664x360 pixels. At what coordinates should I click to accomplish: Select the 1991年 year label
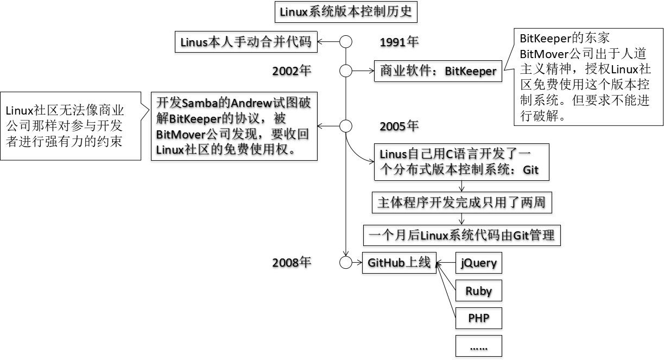coord(399,42)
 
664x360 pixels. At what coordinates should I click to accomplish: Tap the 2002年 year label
coord(292,71)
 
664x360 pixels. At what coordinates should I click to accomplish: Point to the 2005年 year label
coord(399,126)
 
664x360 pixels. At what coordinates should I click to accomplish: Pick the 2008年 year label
coord(292,263)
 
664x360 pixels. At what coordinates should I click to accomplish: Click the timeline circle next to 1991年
coord(346,42)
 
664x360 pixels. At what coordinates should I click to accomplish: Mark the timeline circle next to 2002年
coord(346,71)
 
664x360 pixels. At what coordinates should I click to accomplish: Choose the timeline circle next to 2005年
coord(346,126)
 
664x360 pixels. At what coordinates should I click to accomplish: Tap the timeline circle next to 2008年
coord(346,263)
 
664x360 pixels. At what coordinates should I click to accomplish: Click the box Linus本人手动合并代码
coord(246,42)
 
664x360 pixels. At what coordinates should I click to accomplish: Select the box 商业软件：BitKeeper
coord(438,71)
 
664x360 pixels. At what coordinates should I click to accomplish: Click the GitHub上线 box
coord(399,263)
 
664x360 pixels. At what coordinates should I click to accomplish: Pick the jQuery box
coord(478,263)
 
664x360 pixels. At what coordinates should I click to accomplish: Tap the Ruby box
coord(478,290)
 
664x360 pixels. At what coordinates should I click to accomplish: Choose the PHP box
coord(478,318)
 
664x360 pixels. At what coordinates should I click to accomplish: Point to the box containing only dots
coord(478,346)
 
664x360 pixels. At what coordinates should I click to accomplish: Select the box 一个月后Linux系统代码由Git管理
coord(461,235)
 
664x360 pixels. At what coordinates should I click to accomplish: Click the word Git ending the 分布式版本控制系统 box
coord(530,169)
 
